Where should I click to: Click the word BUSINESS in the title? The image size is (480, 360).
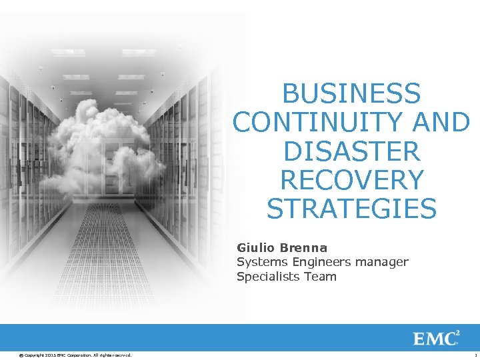(351, 93)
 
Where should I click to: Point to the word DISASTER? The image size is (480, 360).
(351, 151)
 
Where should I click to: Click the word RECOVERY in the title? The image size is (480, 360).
(351, 180)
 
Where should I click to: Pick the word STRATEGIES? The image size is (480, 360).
(351, 209)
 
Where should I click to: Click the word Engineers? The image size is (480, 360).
(318, 262)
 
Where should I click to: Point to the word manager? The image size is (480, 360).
(382, 262)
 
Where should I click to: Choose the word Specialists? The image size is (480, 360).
(267, 276)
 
